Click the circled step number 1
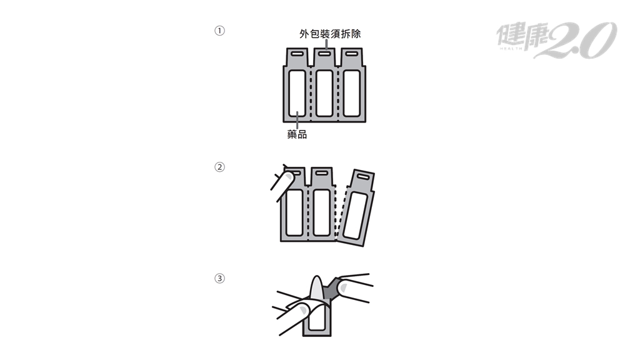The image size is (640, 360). pos(219,31)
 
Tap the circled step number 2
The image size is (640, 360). pos(219,167)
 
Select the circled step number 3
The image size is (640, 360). pos(219,278)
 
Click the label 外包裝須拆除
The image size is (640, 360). pos(330,34)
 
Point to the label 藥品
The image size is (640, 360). pos(297,134)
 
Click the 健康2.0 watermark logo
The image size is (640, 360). pos(556,39)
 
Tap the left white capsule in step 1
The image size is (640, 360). pos(297,94)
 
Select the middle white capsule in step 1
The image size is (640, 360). pos(324,94)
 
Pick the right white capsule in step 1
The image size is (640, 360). pos(351,94)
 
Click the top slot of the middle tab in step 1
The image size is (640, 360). pos(324,54)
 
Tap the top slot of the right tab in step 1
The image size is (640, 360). pos(351,54)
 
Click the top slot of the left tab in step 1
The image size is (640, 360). pos(297,54)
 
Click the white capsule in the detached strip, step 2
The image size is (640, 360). pos(354,216)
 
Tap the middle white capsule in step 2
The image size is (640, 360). pos(321,212)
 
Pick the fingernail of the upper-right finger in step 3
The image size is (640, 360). pos(343,289)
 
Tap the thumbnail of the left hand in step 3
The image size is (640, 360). pos(303,310)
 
